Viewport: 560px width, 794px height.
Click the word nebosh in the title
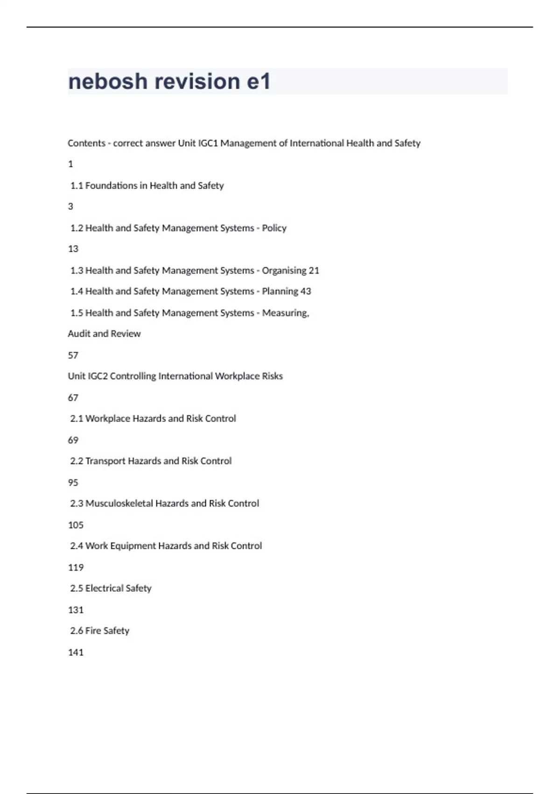(x=108, y=82)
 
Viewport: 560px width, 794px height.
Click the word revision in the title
(x=197, y=82)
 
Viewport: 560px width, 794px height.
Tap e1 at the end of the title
(x=259, y=82)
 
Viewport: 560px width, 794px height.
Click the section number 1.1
(x=77, y=186)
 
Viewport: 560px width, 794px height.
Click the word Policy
(x=274, y=228)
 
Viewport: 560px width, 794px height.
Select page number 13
(x=73, y=249)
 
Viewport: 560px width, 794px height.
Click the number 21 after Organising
(x=314, y=271)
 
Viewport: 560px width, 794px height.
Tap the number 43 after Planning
(x=306, y=291)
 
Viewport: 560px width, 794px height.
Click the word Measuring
(x=285, y=313)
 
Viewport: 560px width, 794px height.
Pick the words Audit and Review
(x=104, y=334)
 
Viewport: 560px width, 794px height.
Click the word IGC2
(x=98, y=376)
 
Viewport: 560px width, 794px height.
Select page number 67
(x=73, y=398)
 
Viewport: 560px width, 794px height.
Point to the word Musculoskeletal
(x=119, y=503)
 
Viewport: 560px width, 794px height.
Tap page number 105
(x=76, y=525)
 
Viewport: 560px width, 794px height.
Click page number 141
(x=76, y=652)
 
